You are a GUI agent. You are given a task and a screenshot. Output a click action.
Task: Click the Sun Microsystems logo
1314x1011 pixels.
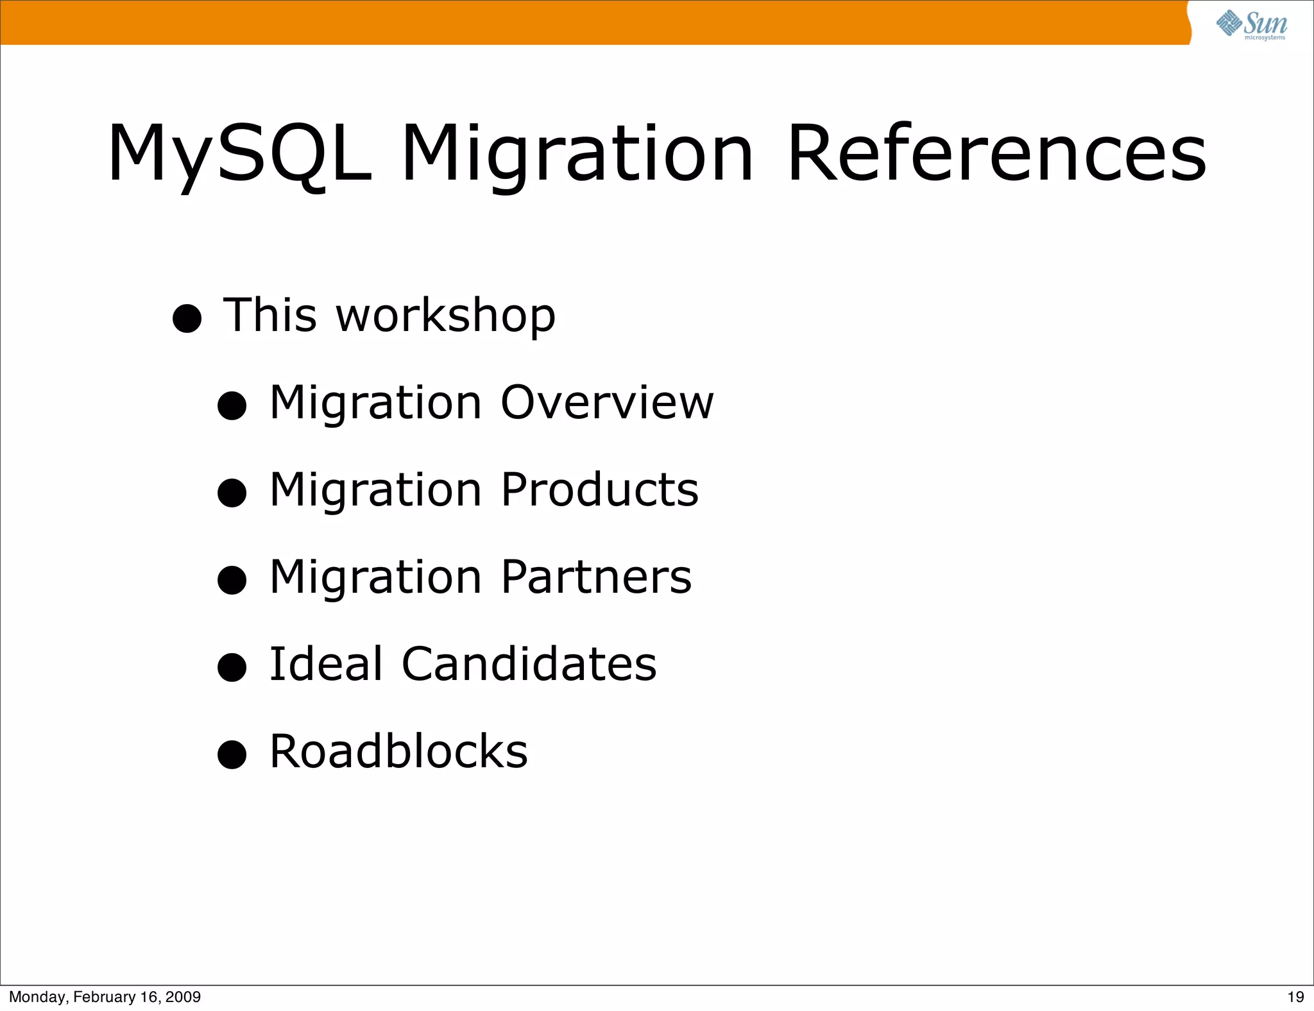tap(1251, 25)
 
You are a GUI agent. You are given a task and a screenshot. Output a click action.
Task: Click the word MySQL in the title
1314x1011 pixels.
tap(239, 154)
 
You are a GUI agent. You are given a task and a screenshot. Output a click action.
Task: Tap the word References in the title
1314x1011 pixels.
tap(996, 154)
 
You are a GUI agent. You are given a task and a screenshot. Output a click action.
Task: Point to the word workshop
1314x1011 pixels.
tap(446, 316)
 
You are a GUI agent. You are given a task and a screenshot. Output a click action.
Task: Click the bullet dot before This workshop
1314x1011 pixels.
tap(187, 318)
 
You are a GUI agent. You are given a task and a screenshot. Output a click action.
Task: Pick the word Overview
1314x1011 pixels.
tap(607, 402)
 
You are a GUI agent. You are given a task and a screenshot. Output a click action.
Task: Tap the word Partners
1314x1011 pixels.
tap(596, 577)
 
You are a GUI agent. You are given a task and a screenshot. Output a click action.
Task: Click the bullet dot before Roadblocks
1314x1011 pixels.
tap(232, 754)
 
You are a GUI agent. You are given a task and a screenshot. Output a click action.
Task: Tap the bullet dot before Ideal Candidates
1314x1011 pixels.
tap(232, 667)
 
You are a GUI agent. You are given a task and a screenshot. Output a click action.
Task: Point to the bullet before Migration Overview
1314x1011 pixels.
tap(232, 405)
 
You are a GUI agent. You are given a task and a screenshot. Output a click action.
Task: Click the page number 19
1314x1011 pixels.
tap(1295, 997)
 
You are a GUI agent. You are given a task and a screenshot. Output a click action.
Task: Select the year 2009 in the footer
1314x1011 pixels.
tap(183, 997)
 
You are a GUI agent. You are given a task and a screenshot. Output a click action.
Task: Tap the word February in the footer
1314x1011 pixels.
tap(104, 997)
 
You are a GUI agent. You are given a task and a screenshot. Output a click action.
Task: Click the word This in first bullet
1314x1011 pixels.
tap(270, 316)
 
